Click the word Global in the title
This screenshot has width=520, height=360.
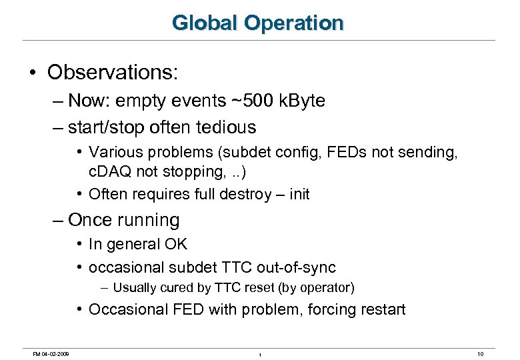(205, 23)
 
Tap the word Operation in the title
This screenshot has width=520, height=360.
(293, 23)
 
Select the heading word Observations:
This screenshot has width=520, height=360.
(113, 72)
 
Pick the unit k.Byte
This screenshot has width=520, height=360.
(302, 101)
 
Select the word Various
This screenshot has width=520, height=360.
(113, 152)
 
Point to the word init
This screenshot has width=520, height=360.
(297, 195)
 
